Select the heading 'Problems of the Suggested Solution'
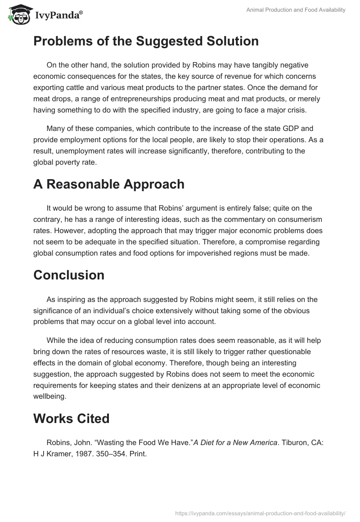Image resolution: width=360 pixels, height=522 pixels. click(x=146, y=41)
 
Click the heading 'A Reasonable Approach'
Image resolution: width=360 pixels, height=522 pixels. click(x=109, y=184)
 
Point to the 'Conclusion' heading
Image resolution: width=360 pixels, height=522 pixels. click(x=69, y=275)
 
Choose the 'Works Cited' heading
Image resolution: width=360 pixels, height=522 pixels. click(x=72, y=418)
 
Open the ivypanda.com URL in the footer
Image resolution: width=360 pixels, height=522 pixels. click(x=260, y=513)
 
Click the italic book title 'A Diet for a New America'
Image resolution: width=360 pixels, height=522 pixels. click(x=235, y=443)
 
